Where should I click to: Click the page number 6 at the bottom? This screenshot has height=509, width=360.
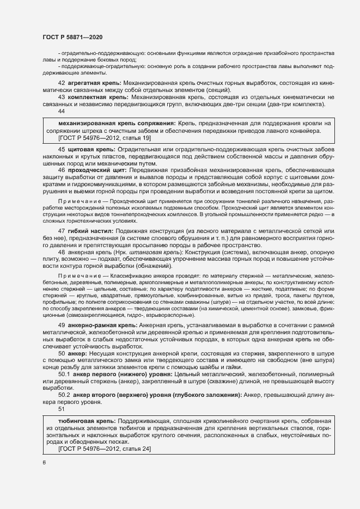(x=44, y=463)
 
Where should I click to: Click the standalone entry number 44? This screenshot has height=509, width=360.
(x=61, y=111)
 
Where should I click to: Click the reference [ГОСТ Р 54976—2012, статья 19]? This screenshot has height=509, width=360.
(x=105, y=138)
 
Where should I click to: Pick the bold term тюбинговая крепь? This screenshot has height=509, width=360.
(x=86, y=421)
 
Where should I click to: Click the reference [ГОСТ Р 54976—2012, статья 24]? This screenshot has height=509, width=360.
(x=105, y=449)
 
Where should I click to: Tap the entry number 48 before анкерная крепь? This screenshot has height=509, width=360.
(x=61, y=253)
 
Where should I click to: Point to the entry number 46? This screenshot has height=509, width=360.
(x=61, y=170)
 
